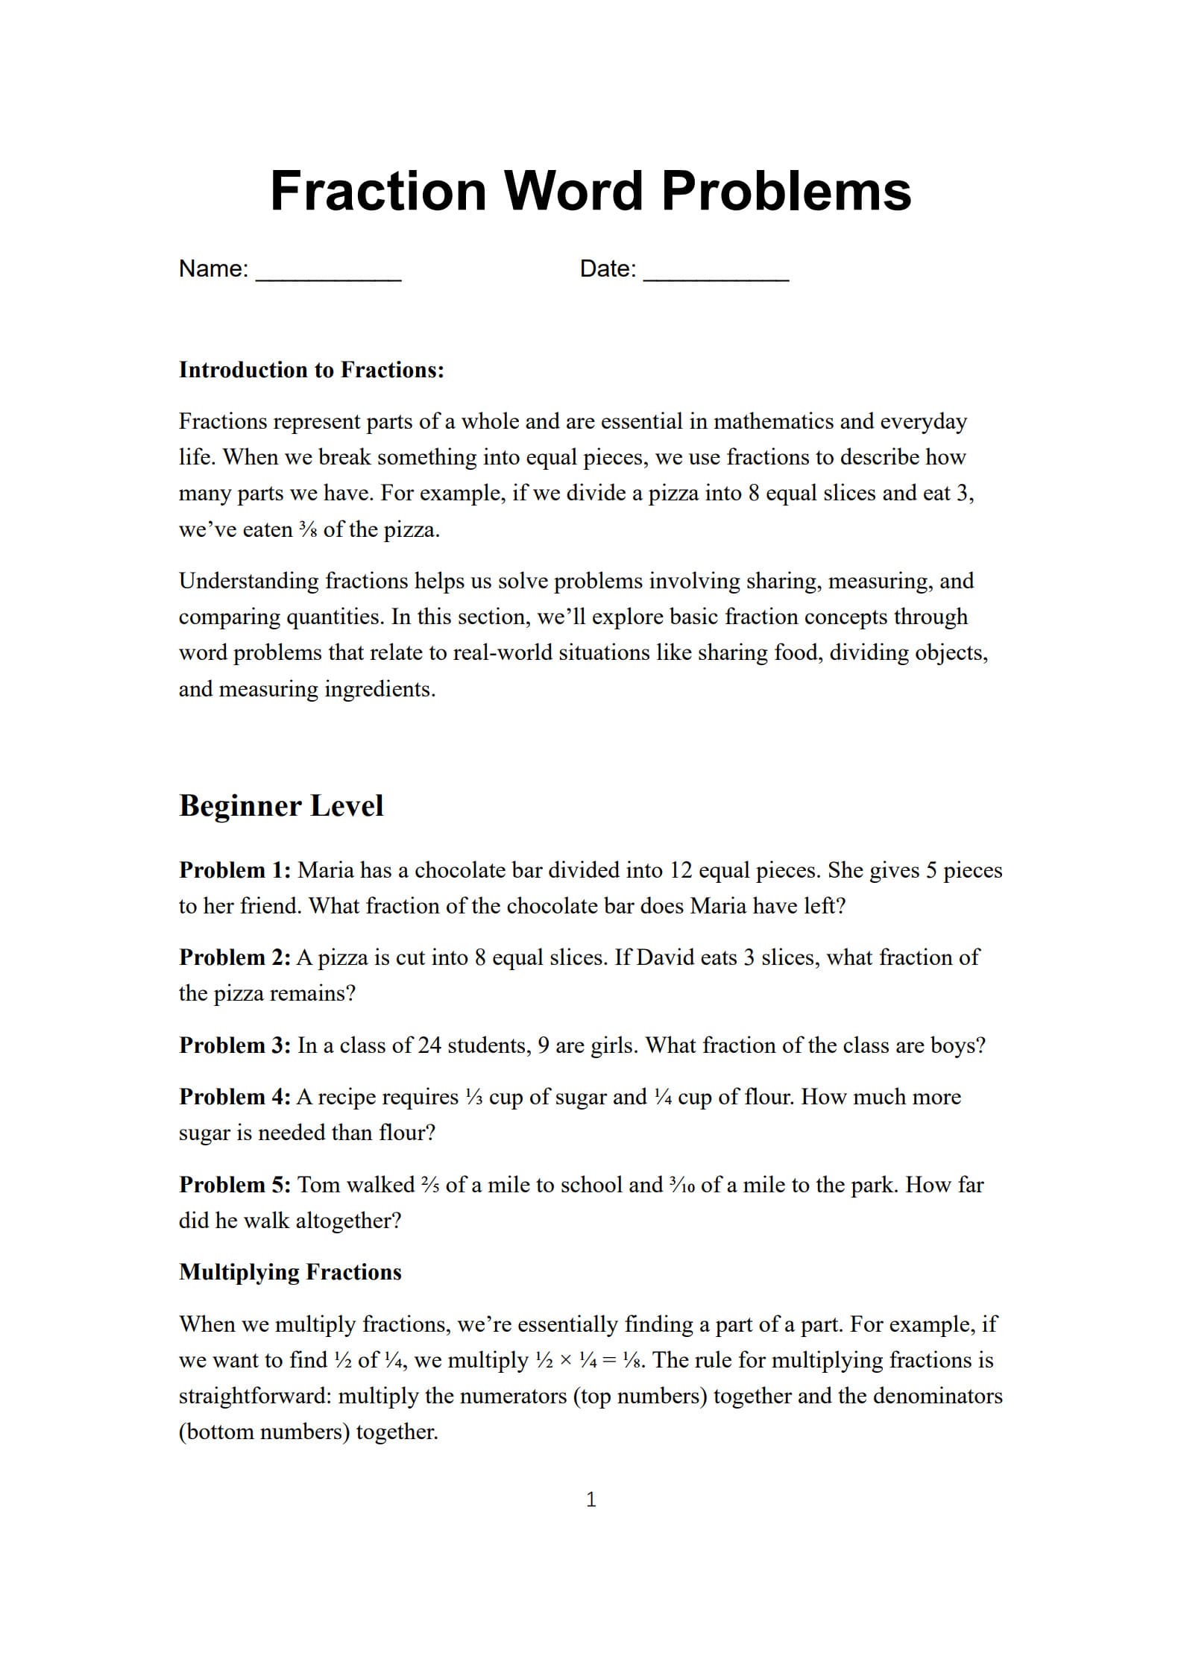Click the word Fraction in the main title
tap(378, 191)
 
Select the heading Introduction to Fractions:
tap(311, 370)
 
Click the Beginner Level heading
tap(281, 806)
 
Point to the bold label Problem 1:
tap(235, 870)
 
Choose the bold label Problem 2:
tap(235, 957)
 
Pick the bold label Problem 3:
tap(235, 1045)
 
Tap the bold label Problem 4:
tap(235, 1097)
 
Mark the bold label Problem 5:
tap(235, 1185)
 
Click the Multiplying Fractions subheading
tap(290, 1272)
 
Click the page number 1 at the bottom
tap(591, 1500)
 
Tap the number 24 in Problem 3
tap(429, 1045)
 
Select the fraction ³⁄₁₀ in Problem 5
tap(681, 1185)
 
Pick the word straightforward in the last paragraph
tap(255, 1396)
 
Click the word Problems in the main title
tap(786, 191)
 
